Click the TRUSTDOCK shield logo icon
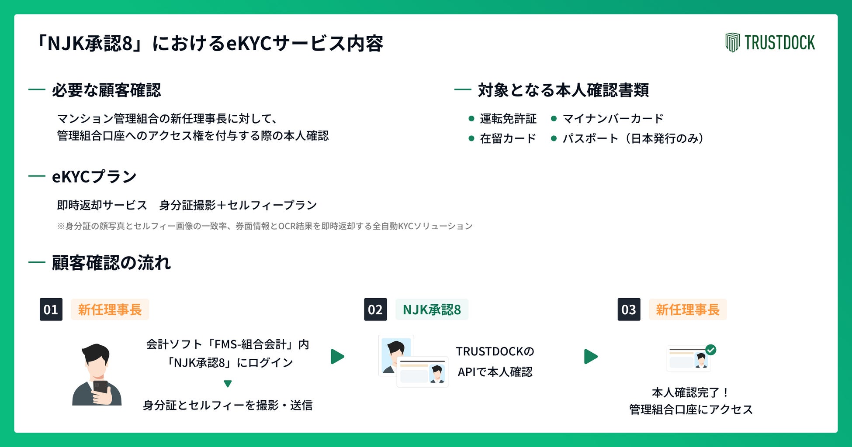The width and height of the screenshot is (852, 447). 732,42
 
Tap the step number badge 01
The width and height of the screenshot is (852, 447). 51,309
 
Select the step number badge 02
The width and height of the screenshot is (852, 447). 375,309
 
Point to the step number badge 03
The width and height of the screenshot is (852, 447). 629,309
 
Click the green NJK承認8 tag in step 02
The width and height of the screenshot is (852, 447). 432,309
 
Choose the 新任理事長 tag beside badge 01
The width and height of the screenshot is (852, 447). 110,309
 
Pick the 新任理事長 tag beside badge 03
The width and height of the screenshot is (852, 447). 687,309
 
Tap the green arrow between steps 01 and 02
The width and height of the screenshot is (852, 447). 337,357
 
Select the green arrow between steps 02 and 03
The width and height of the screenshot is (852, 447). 590,357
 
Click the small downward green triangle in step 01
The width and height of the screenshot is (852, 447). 228,384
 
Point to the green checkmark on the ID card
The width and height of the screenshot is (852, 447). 711,350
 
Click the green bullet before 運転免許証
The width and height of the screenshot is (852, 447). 471,118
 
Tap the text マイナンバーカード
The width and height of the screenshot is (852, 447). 613,118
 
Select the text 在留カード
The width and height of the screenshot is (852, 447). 508,138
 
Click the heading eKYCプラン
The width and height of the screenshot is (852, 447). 94,176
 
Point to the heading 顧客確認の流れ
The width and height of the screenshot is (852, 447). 111,263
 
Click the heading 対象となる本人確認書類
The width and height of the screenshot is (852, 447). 563,90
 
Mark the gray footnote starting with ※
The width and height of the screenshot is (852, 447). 264,226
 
